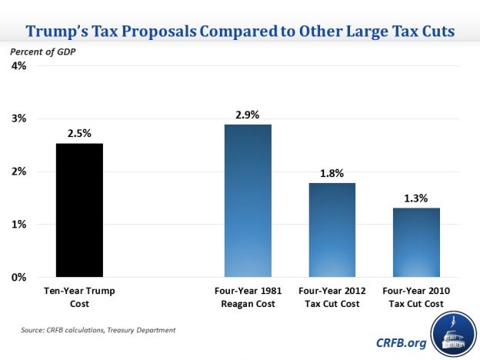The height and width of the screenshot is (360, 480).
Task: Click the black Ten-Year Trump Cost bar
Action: tap(79, 209)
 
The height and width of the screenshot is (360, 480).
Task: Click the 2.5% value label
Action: tap(79, 133)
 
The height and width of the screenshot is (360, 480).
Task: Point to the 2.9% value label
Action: tap(248, 115)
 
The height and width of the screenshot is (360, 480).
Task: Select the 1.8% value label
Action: tap(332, 173)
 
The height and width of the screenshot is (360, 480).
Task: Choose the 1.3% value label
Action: tap(416, 198)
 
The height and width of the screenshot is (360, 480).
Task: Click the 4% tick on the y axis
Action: tap(18, 66)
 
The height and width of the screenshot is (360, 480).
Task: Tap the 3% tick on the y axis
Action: tap(18, 118)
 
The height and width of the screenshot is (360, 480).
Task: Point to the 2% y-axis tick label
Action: tap(18, 172)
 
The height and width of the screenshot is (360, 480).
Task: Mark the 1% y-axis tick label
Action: tap(18, 224)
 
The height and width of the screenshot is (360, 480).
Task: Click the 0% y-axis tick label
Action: tap(18, 277)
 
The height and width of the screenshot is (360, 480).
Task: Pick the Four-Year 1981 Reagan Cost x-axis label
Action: tap(248, 297)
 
